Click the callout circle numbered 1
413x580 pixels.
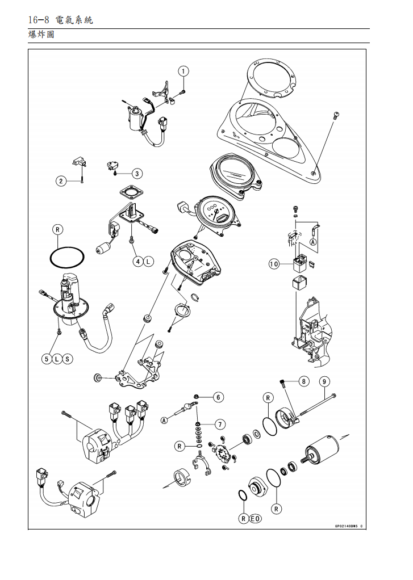pos(183,71)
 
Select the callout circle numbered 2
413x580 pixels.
pos(61,181)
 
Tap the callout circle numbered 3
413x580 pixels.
pos(137,173)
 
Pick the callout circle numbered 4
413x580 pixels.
pos(137,262)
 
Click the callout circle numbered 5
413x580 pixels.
pos(48,359)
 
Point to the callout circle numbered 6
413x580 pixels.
pos(219,397)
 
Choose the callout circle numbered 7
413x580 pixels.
pos(219,423)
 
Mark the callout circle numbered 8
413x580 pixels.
pos(304,381)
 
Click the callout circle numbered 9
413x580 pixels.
pos(324,381)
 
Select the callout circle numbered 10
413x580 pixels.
pos(274,264)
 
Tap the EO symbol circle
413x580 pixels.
pos(256,518)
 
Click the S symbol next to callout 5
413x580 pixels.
pos(68,359)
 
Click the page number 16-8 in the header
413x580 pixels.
pos(39,20)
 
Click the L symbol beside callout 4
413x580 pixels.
pos(148,262)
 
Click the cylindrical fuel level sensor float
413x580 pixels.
pos(103,248)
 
